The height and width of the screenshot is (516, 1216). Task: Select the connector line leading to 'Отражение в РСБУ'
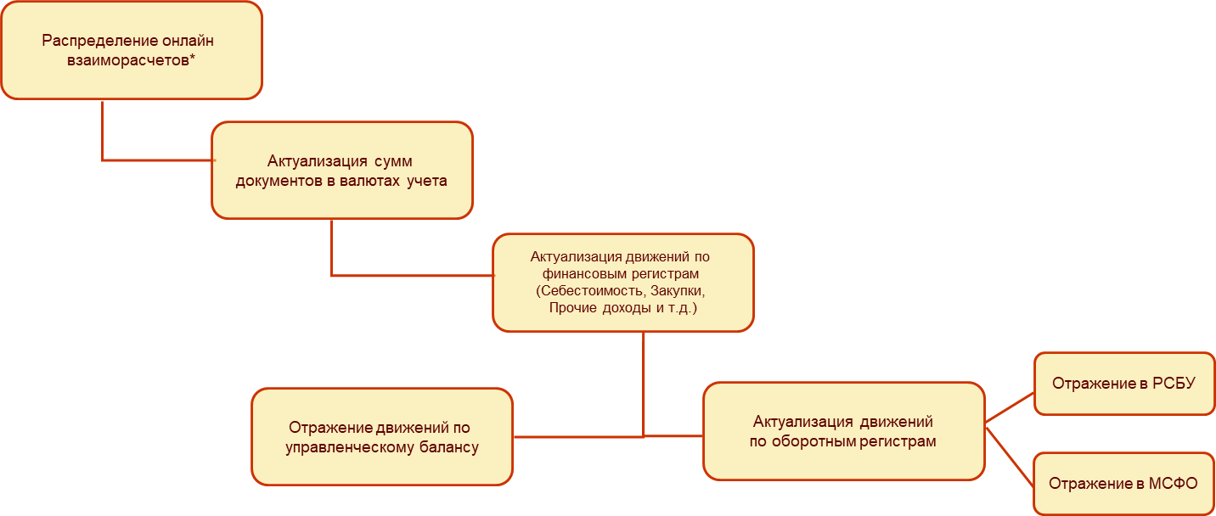(x=1010, y=407)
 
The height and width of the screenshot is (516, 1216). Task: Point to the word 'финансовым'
(x=576, y=274)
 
